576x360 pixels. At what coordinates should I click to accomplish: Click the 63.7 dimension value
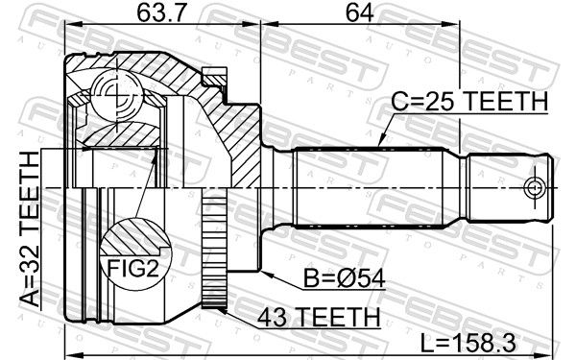point(161,13)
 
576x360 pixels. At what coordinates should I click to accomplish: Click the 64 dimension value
point(360,13)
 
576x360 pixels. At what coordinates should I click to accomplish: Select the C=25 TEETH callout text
point(469,101)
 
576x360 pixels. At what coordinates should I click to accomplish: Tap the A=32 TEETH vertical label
point(30,228)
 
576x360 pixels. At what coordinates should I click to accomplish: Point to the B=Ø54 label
point(344,278)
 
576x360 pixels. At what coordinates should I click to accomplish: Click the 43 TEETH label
point(319,318)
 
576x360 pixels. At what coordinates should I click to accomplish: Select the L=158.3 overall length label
point(468,345)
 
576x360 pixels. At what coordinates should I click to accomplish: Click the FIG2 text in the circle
point(132,268)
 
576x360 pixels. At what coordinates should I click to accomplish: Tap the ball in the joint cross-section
point(117,95)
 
